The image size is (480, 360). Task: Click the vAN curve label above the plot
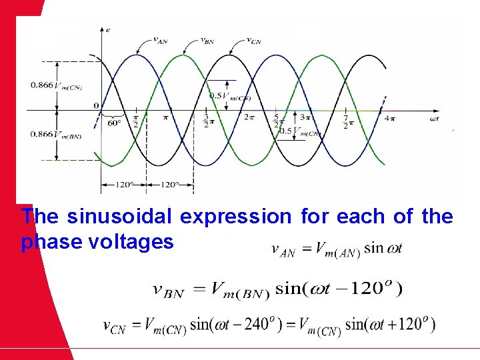coord(160,40)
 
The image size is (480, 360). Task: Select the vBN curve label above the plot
coord(207,40)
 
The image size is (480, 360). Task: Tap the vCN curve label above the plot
coord(254,40)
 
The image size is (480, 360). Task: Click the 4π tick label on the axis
coord(390,119)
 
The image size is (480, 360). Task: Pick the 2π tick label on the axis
coord(249,117)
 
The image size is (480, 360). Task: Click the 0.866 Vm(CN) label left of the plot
coord(56,85)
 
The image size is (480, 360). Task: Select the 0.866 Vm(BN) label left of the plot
coord(56,135)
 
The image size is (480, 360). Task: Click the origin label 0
coord(96,105)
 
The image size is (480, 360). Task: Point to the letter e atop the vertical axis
coord(108,29)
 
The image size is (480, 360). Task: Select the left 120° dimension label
coord(123,185)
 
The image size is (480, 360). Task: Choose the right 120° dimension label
coord(169,185)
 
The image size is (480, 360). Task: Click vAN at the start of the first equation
coord(283,250)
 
